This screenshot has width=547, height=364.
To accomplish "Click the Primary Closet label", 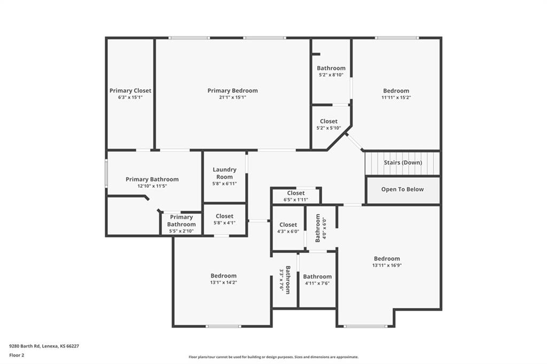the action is coord(130,91).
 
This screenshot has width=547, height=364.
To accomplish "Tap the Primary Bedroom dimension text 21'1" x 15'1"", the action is coord(233,97).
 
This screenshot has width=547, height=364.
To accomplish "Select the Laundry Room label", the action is coord(225,173).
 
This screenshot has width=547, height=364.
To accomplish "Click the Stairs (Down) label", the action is coord(403,162).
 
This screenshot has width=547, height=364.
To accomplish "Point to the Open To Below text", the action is coord(403,189).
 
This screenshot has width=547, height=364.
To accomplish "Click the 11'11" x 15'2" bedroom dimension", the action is coord(396,98).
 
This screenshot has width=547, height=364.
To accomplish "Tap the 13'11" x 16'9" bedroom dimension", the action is coord(387,265).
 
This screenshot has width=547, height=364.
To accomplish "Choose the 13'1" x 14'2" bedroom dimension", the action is coord(224,282).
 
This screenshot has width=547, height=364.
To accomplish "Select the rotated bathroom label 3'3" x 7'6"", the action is coord(285,280).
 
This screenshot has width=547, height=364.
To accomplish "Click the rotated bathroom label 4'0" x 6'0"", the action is coord(321,228).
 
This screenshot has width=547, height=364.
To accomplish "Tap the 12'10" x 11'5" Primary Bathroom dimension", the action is coord(152,186).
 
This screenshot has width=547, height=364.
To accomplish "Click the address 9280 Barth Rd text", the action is coord(25,346).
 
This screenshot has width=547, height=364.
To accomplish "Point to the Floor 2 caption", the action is coord(17,355).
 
